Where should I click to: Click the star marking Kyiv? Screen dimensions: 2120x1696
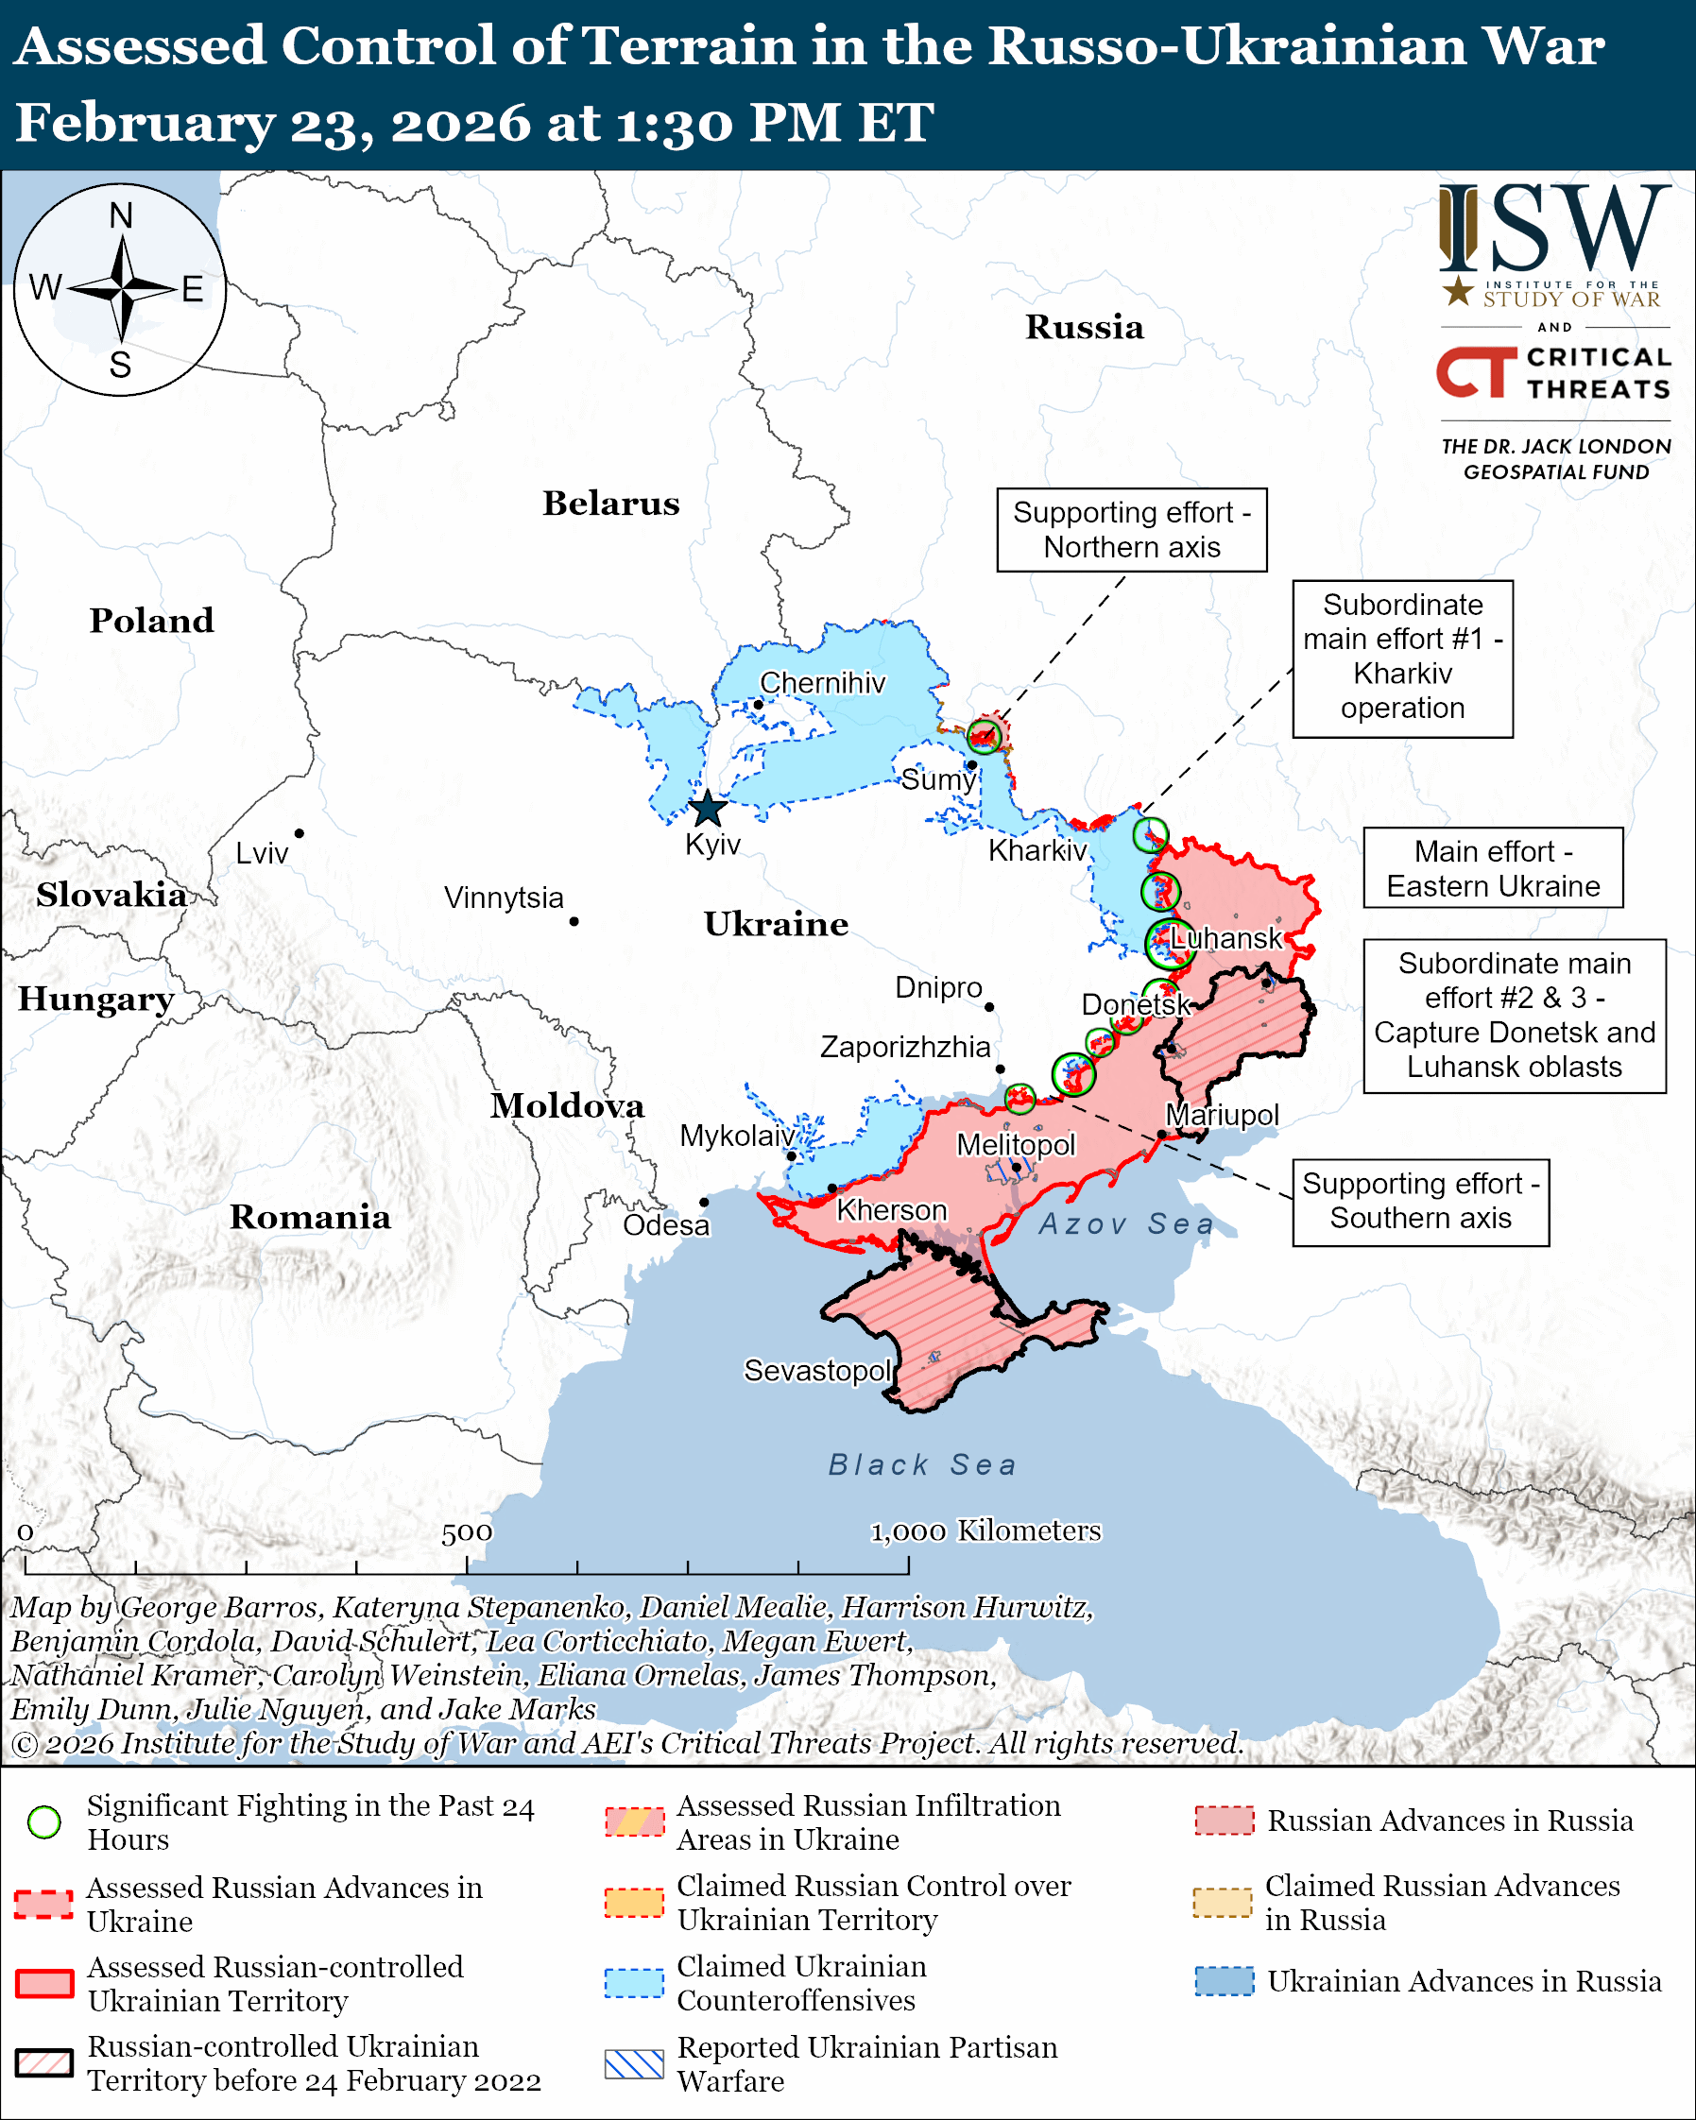708,811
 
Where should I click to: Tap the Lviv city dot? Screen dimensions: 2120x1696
299,833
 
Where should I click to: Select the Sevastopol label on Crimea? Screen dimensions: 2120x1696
817,1370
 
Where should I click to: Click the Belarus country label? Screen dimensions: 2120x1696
610,504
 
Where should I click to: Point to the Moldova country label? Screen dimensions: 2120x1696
567,1105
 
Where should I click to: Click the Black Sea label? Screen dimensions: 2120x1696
921,1465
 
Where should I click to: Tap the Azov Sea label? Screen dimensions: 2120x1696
1125,1224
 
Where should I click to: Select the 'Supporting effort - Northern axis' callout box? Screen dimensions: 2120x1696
1132,530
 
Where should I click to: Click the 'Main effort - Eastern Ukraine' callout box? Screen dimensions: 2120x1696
1493,868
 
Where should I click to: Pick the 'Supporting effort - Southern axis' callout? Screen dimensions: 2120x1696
1420,1202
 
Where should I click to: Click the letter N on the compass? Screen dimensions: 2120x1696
121,215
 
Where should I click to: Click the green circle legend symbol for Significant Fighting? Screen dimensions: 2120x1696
44,1822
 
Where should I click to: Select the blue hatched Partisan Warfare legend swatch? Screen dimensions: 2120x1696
634,2064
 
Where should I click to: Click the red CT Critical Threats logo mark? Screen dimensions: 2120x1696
1476,371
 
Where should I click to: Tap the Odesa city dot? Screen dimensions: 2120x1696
704,1202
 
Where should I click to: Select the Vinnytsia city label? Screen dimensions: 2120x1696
504,898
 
